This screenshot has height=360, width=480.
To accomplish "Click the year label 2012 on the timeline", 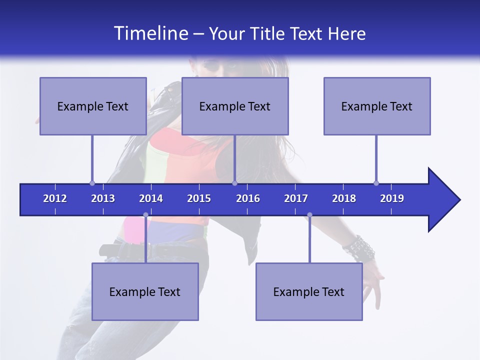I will pos(55,198).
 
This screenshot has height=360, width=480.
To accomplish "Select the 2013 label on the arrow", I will pos(103,198).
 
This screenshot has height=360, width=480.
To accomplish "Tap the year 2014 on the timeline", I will pos(151,198).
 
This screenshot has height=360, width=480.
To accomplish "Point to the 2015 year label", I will pos(199,198).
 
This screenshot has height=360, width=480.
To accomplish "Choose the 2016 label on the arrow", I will pos(248,198).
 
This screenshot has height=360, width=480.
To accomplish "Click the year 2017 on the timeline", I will pos(296,198).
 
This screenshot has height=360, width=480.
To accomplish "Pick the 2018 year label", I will pos(344,198).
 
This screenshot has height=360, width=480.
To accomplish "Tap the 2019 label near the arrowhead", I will pos(392,198).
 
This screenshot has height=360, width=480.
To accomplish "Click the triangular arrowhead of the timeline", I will pos(442,200).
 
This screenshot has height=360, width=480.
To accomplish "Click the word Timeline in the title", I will pos(150,33).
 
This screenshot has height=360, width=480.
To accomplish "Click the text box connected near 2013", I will pos(93,106).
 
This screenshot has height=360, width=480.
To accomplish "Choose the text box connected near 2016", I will pos(235,106).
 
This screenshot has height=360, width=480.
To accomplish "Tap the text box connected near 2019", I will pos(377,106).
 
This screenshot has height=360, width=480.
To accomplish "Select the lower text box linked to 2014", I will pos(145,291).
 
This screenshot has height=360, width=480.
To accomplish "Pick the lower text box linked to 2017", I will pos(309,291).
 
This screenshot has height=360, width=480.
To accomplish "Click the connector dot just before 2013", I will pos(92,183).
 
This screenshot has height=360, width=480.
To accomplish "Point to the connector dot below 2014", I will pos(145,215).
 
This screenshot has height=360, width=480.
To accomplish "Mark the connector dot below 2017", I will pos(309,215).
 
